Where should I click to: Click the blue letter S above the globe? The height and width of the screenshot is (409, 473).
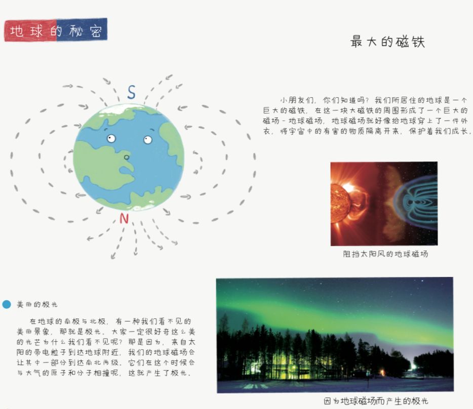[131, 92]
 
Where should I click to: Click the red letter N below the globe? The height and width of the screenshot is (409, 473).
[124, 218]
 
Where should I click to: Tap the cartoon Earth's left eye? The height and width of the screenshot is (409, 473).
[111, 139]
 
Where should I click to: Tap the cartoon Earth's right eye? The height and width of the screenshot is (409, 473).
[147, 140]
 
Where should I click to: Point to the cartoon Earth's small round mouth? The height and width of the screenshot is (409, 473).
[127, 157]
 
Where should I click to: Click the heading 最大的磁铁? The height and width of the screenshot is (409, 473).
[387, 42]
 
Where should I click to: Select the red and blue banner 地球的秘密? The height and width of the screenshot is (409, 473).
[56, 30]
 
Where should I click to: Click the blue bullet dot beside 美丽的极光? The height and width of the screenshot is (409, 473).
[7, 304]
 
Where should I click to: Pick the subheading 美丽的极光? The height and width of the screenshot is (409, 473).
[37, 304]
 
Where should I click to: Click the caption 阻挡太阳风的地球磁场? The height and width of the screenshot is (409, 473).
[385, 254]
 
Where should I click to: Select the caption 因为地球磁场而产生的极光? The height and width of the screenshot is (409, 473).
[376, 401]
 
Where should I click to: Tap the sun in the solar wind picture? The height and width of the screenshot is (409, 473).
[340, 202]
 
